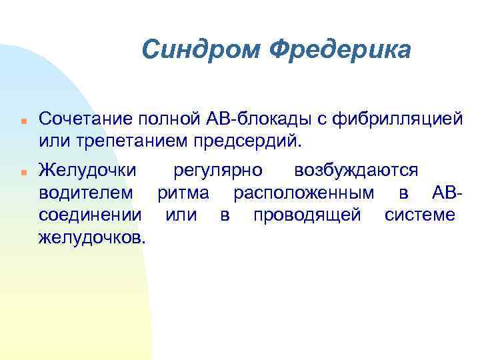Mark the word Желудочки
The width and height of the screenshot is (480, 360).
pos(88,171)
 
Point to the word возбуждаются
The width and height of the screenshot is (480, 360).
pos(356,171)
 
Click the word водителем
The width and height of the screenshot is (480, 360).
pos(86,193)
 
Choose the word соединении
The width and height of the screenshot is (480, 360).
pos(90,215)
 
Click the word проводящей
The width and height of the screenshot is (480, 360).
pos(307,215)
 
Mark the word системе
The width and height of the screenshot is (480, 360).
pos(419,215)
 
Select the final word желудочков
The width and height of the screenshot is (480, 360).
pos(91,237)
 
